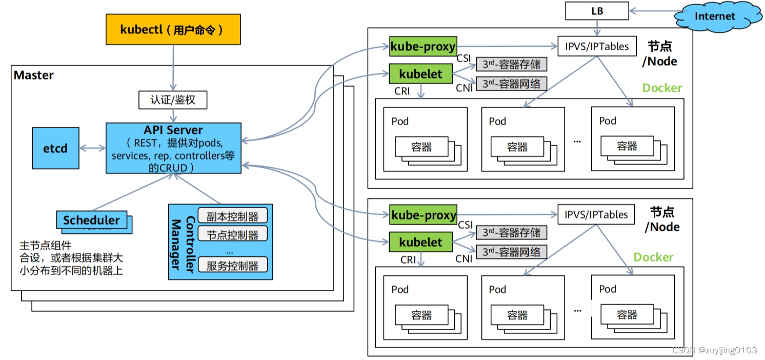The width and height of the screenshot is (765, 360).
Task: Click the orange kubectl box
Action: tap(173, 29)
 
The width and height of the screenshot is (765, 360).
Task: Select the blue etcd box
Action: tap(55, 148)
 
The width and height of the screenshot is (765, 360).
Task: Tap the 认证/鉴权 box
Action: tap(173, 100)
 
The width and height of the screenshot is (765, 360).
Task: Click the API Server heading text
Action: tap(173, 130)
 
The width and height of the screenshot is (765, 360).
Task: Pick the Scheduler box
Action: tap(91, 220)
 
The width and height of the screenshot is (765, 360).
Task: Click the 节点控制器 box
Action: tap(232, 235)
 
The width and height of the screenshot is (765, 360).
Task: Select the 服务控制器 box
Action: tap(232, 266)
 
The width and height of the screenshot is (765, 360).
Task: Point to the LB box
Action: tap(596, 10)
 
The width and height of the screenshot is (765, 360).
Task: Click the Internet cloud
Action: tap(714, 16)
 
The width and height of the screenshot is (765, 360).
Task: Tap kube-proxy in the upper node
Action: tap(423, 47)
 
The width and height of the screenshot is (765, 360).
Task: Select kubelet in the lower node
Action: tap(420, 242)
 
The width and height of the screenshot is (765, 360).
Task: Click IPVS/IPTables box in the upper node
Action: tap(596, 46)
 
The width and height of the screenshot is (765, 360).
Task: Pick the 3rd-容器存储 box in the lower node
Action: tap(511, 233)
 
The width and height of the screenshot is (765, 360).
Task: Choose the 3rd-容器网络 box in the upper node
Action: tap(511, 84)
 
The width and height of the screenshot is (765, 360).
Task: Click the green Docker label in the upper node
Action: tap(662, 88)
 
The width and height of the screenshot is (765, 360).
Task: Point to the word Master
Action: tap(34, 75)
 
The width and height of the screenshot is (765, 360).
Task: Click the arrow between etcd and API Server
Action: tap(93, 149)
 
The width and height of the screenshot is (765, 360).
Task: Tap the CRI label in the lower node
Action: tap(408, 260)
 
